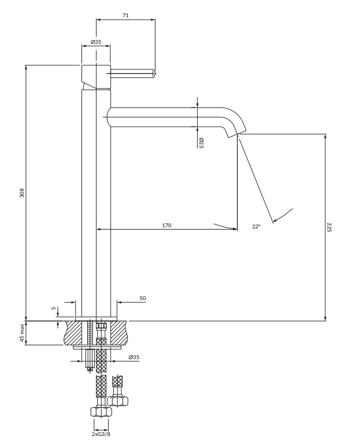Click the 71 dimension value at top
coord(125,14)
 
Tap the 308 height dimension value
coord(21,193)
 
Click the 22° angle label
coord(257,227)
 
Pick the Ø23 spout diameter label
coord(201,143)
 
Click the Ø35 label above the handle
coord(96,43)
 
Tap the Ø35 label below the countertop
coord(133,357)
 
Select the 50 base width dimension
coord(142,298)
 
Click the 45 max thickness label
coord(23,333)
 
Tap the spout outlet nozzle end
coord(237,135)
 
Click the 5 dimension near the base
coord(54,309)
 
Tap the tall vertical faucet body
coord(96,202)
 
